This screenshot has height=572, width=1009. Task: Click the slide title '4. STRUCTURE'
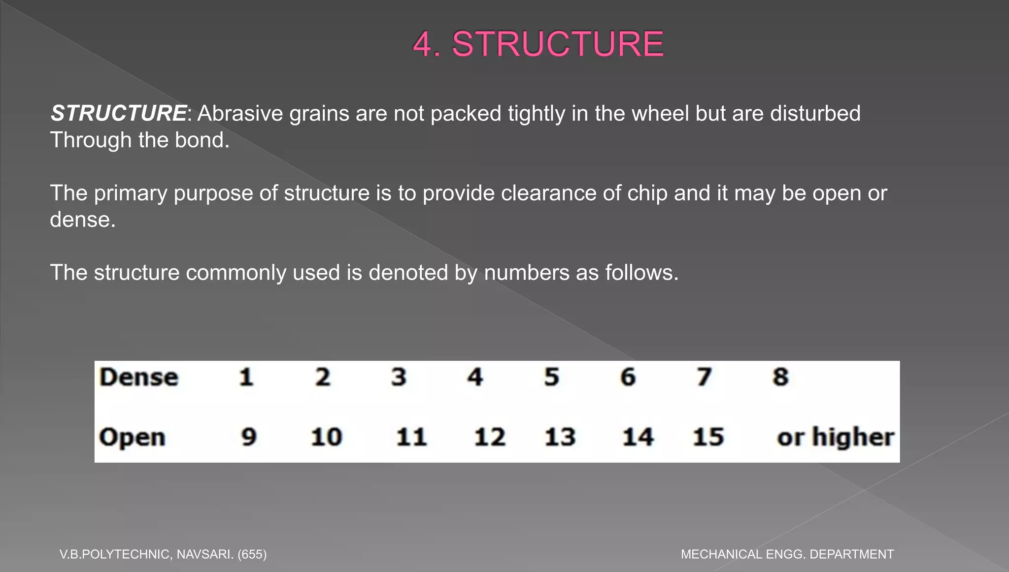coord(538,44)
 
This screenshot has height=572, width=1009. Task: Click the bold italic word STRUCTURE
coord(118,113)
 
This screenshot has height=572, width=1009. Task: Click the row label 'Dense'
coord(138,378)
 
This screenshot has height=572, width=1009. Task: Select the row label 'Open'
coord(132,438)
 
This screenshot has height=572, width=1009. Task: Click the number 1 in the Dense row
coord(246,378)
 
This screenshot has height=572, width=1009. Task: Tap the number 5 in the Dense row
coord(551,378)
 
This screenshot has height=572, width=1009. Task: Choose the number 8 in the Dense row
coord(780,378)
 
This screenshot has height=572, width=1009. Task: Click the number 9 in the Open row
coord(249,437)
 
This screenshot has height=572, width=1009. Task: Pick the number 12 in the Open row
coord(489,437)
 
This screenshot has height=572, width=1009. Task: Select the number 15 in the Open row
coord(708,437)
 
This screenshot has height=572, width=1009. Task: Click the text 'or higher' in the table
coord(835,437)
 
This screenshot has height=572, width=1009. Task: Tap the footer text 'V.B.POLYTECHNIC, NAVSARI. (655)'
coord(163,554)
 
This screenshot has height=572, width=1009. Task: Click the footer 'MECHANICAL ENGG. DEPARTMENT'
coord(787,554)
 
